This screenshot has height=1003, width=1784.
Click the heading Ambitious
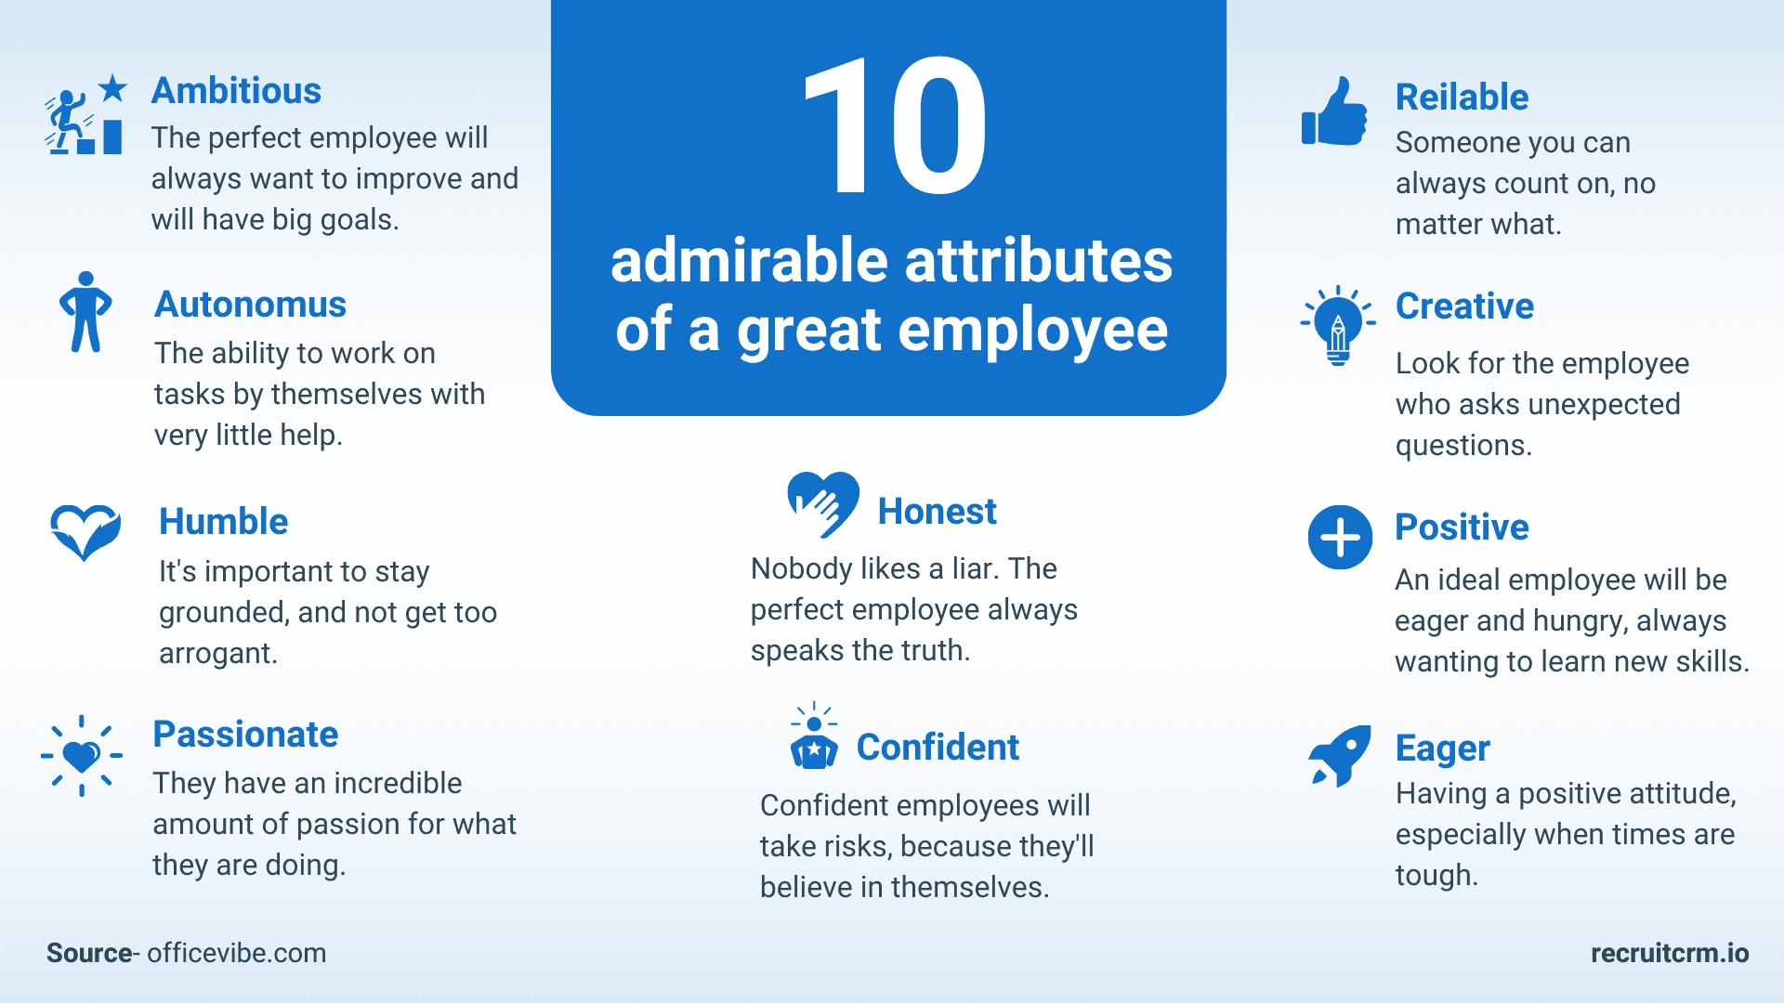(236, 91)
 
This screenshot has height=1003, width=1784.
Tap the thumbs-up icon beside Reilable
(1334, 111)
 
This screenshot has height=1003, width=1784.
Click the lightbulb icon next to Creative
(1338, 325)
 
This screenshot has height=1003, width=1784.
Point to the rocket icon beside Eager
(1340, 756)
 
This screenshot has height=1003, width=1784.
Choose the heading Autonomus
(250, 305)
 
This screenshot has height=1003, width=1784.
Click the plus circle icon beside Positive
(1340, 537)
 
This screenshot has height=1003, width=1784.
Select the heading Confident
(938, 747)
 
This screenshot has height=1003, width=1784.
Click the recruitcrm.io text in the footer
(1670, 953)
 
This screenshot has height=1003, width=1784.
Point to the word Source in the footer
(89, 953)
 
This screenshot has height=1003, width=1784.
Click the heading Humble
(224, 522)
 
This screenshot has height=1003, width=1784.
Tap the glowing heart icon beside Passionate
(82, 756)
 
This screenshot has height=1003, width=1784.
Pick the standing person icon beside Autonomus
(85, 312)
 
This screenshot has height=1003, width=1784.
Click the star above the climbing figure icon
(112, 88)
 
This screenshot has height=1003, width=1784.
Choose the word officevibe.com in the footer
(237, 953)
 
